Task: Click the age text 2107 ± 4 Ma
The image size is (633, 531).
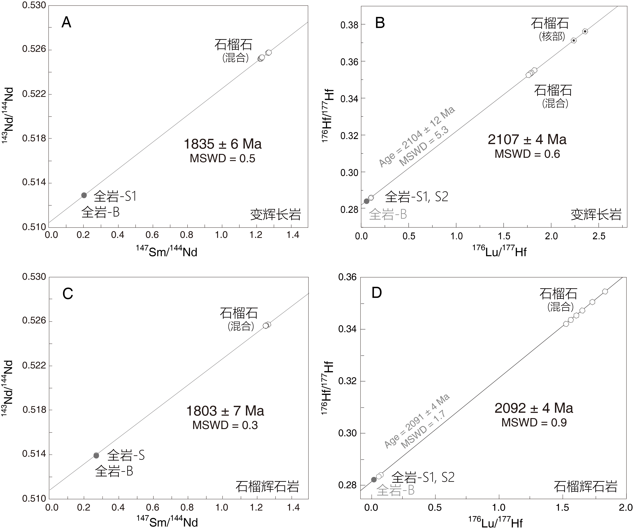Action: pyautogui.click(x=527, y=139)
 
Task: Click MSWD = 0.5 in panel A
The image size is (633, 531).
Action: pyautogui.click(x=222, y=159)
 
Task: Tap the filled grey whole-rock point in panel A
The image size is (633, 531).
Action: pyautogui.click(x=84, y=195)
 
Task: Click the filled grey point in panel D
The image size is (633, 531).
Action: pyautogui.click(x=374, y=479)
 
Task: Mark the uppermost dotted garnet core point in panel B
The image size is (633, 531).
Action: pyautogui.click(x=585, y=31)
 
